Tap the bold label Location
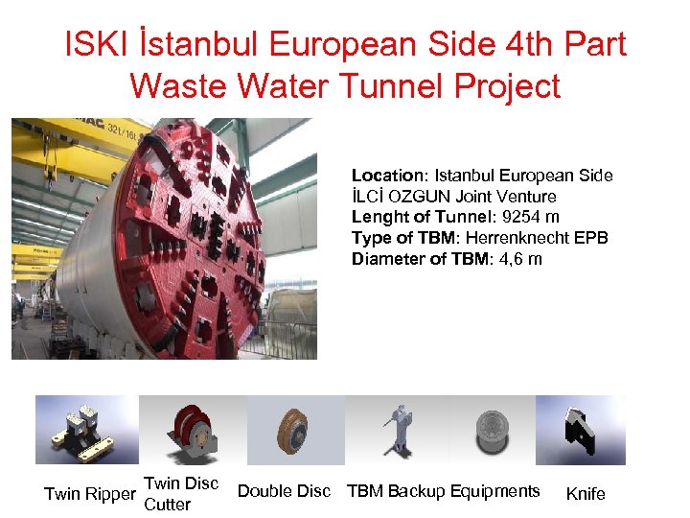(388, 176)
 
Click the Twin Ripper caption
(89, 494)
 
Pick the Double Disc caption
(284, 491)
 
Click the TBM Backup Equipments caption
(443, 491)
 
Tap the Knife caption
(586, 494)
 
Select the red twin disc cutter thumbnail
(192, 430)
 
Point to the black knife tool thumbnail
(580, 429)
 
